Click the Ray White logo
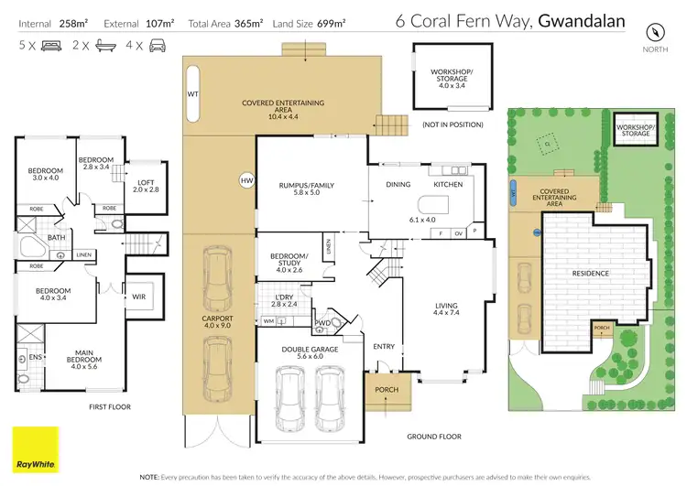coord(35,448)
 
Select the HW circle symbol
coord(245,180)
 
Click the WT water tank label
coord(193,93)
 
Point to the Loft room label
coord(146,185)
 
